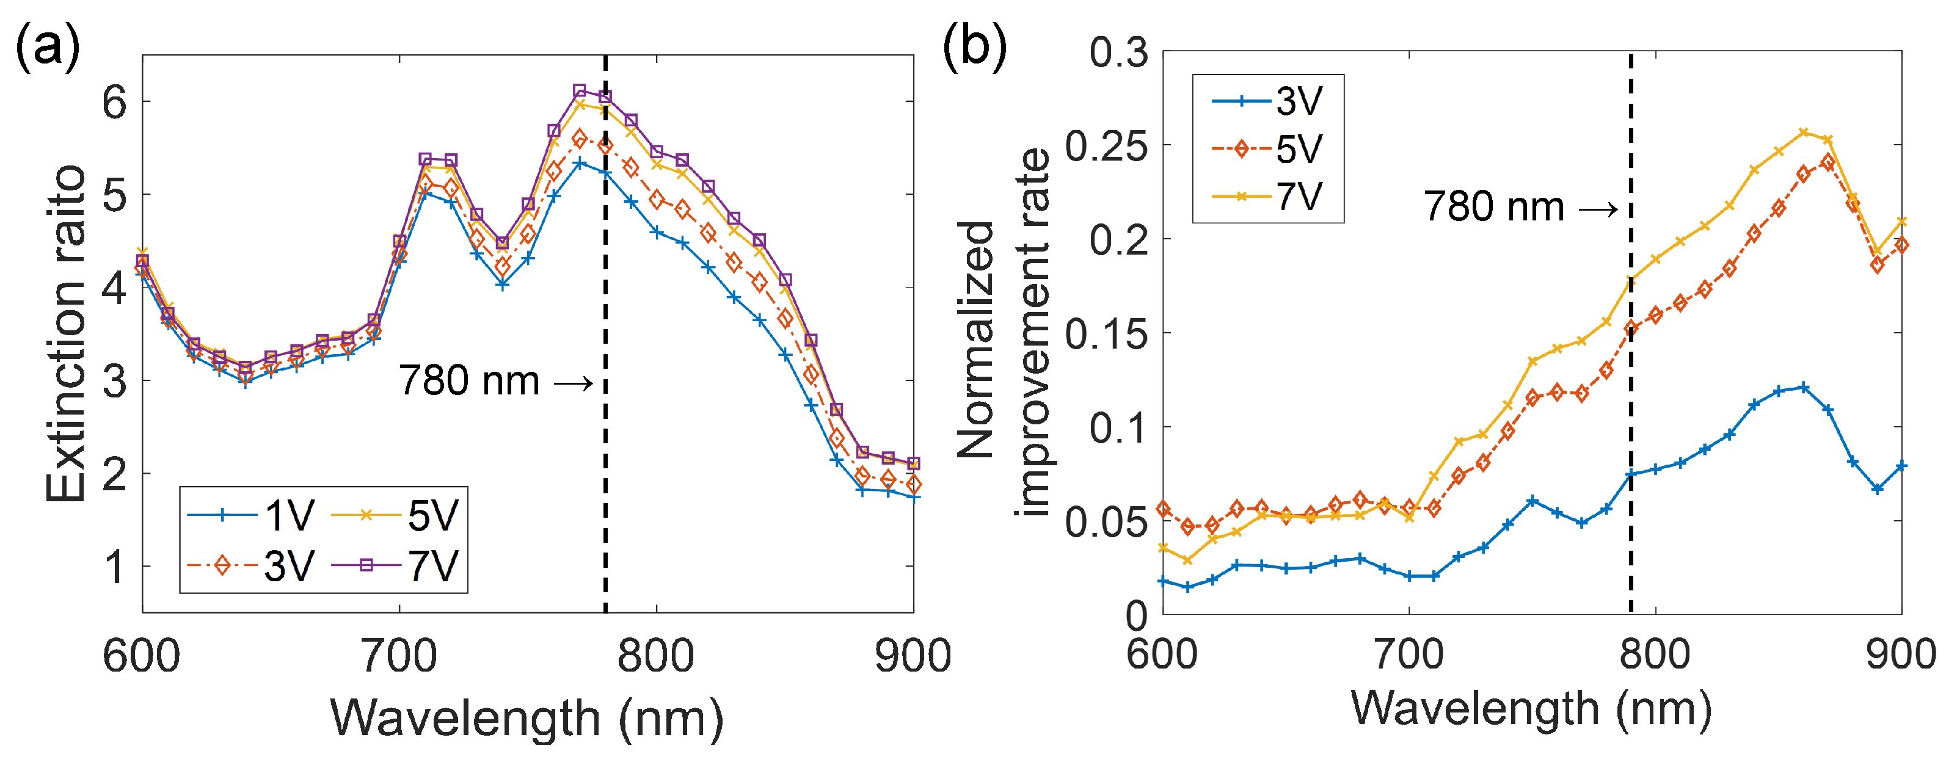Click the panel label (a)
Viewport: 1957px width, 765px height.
(x=47, y=47)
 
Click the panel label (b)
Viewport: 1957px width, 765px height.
(x=974, y=47)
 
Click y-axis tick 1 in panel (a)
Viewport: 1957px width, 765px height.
(x=115, y=567)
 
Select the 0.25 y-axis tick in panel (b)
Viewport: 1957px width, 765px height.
(x=1106, y=146)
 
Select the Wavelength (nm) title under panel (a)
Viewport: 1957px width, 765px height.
(x=527, y=718)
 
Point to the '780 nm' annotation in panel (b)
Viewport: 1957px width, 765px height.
(x=1493, y=206)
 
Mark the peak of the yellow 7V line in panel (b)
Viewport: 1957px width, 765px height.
(x=1804, y=133)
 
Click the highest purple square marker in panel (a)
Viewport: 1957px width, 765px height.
(x=580, y=91)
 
